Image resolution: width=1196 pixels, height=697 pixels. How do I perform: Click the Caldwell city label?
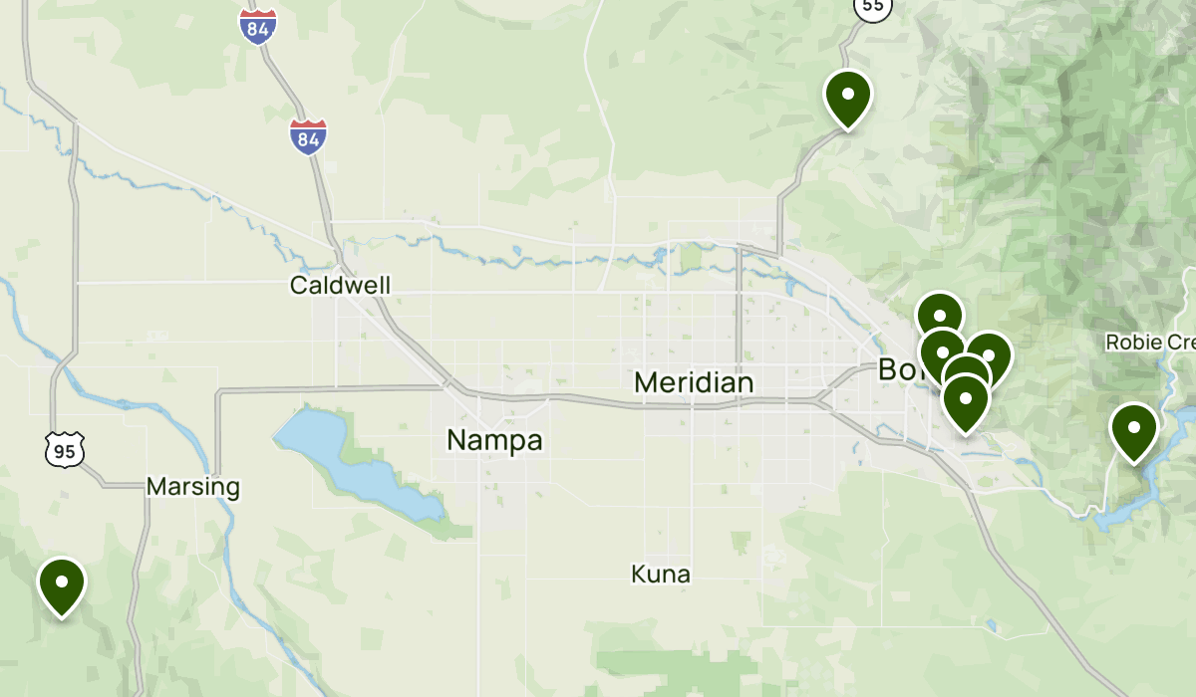click(340, 286)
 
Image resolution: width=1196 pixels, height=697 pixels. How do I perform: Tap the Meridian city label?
click(694, 382)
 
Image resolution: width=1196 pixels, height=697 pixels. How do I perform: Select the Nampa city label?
click(494, 439)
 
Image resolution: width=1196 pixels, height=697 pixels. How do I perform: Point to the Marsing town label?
click(193, 487)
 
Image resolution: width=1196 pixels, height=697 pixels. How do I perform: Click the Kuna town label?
click(661, 574)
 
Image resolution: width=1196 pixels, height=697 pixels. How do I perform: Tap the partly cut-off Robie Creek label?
click(1150, 343)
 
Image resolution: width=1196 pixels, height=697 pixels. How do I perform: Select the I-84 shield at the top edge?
click(257, 26)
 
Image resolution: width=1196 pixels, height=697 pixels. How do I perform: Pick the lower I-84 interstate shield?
click(308, 136)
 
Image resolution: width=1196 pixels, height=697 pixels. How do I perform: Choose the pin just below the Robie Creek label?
click(1134, 431)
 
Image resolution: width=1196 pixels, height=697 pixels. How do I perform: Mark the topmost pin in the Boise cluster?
click(940, 315)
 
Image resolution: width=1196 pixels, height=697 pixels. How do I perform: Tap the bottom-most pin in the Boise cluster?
click(965, 402)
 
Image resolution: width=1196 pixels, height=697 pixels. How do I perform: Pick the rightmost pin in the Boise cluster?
click(989, 355)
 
